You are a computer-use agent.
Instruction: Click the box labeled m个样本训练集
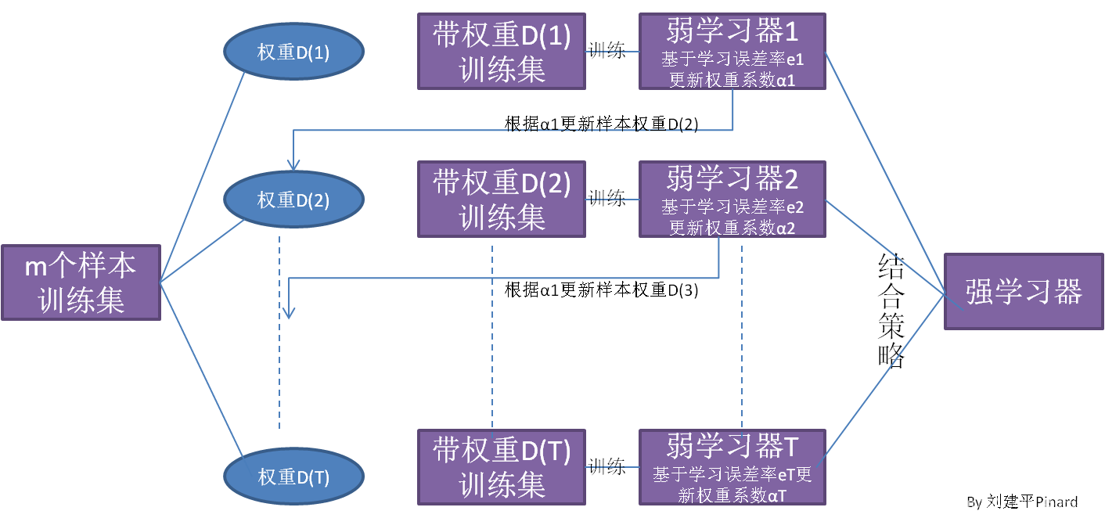click(81, 282)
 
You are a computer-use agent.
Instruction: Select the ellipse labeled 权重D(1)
click(293, 52)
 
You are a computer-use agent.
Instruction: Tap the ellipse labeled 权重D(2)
click(293, 200)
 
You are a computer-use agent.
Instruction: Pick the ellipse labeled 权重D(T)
click(293, 477)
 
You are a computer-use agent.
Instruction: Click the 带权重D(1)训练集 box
click(502, 51)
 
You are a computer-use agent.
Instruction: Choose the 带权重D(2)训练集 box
click(502, 200)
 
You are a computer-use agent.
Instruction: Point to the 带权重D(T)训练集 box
click(502, 467)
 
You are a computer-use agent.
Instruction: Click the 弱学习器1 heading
click(732, 31)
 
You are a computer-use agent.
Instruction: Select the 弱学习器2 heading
click(732, 179)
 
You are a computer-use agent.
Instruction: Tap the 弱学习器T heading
click(732, 447)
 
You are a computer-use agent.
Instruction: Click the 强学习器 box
click(1024, 291)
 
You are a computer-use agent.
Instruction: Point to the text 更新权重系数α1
click(732, 80)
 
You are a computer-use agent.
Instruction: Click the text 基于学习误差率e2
click(732, 207)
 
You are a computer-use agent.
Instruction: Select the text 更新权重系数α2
click(732, 228)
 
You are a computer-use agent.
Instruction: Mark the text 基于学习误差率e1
click(732, 59)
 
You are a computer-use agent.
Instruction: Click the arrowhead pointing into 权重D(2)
click(293, 164)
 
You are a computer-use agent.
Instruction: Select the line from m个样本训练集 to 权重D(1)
click(203, 176)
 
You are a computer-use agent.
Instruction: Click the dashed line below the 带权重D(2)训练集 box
click(492, 336)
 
